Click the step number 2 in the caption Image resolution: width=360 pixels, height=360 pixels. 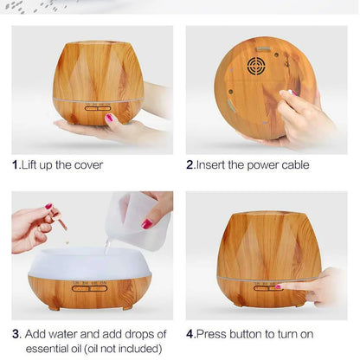click(x=190, y=164)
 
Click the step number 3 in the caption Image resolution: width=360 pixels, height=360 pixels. click(x=16, y=333)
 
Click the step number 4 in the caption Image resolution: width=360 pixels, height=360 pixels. click(x=190, y=333)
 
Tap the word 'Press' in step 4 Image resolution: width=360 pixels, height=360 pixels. click(x=213, y=333)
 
